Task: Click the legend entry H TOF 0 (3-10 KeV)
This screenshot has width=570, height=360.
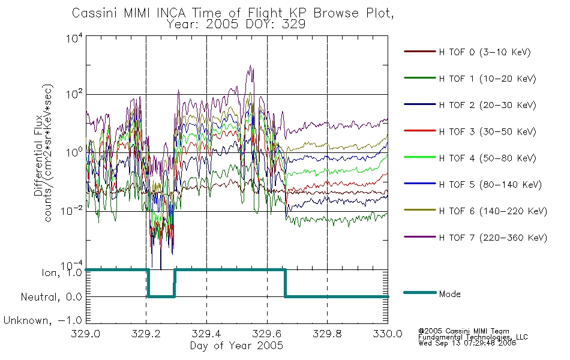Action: [x=467, y=52]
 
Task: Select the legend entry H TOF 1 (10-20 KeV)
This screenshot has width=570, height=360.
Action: [x=470, y=79]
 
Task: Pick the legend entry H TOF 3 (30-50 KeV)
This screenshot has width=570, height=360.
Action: [x=470, y=131]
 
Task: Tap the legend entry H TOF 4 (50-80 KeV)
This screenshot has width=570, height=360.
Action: [x=470, y=158]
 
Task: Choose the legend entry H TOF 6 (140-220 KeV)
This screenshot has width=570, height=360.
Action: [x=475, y=211]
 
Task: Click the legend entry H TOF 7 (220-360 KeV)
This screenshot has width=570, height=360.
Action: [x=475, y=238]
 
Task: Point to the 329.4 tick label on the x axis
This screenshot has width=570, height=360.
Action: [x=206, y=334]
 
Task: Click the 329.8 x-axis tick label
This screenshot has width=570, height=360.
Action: [x=327, y=334]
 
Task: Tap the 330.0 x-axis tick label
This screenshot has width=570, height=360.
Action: [x=388, y=334]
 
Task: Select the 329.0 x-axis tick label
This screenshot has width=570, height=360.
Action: [x=85, y=334]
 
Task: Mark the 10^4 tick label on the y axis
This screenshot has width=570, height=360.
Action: [x=74, y=38]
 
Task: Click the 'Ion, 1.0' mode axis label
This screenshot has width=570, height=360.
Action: [x=62, y=272]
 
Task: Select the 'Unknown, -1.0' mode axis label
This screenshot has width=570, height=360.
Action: [x=43, y=320]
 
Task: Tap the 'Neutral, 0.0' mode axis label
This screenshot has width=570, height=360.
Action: [x=51, y=297]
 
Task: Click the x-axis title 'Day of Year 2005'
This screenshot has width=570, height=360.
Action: [x=236, y=345]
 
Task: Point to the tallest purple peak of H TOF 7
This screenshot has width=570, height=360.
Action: [x=250, y=66]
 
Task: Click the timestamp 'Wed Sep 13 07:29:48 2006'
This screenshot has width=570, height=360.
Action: [x=467, y=343]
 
